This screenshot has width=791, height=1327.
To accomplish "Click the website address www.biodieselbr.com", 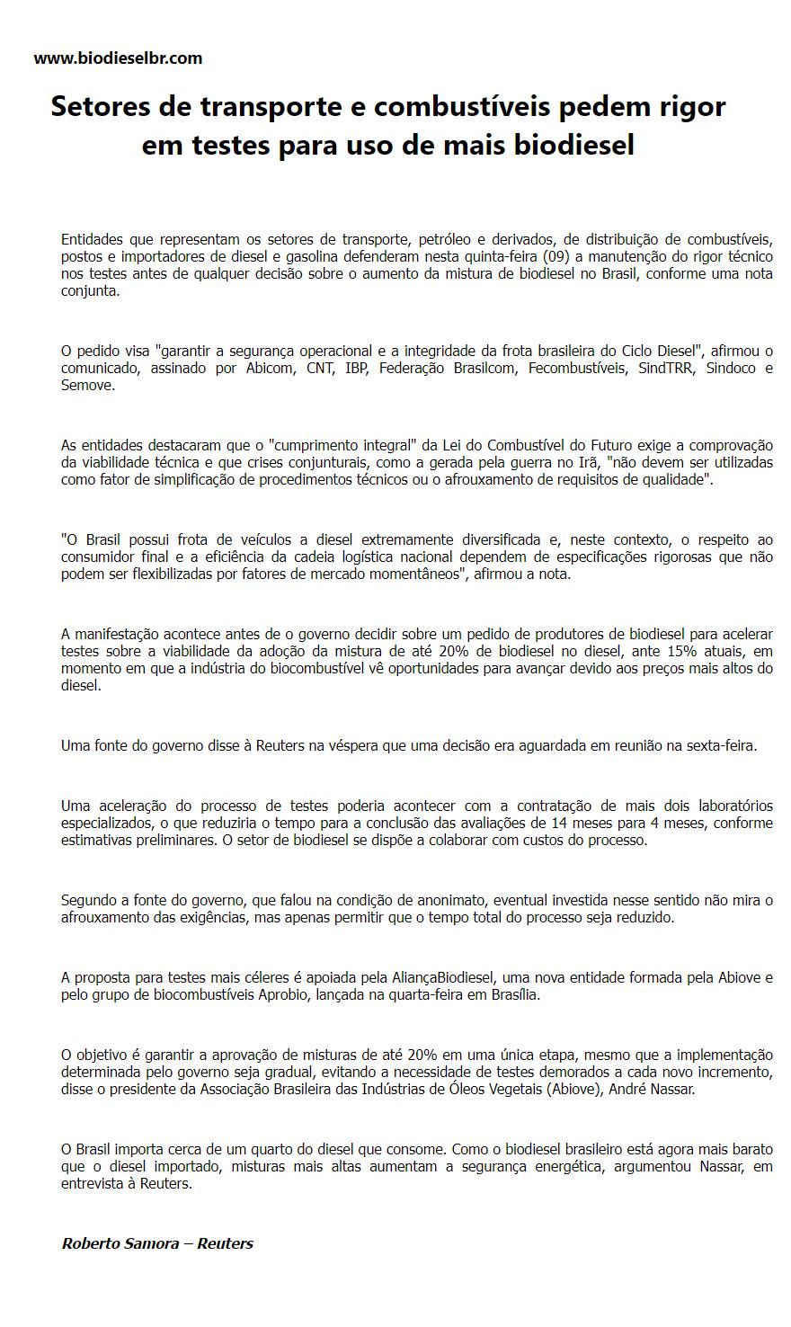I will [118, 58].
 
